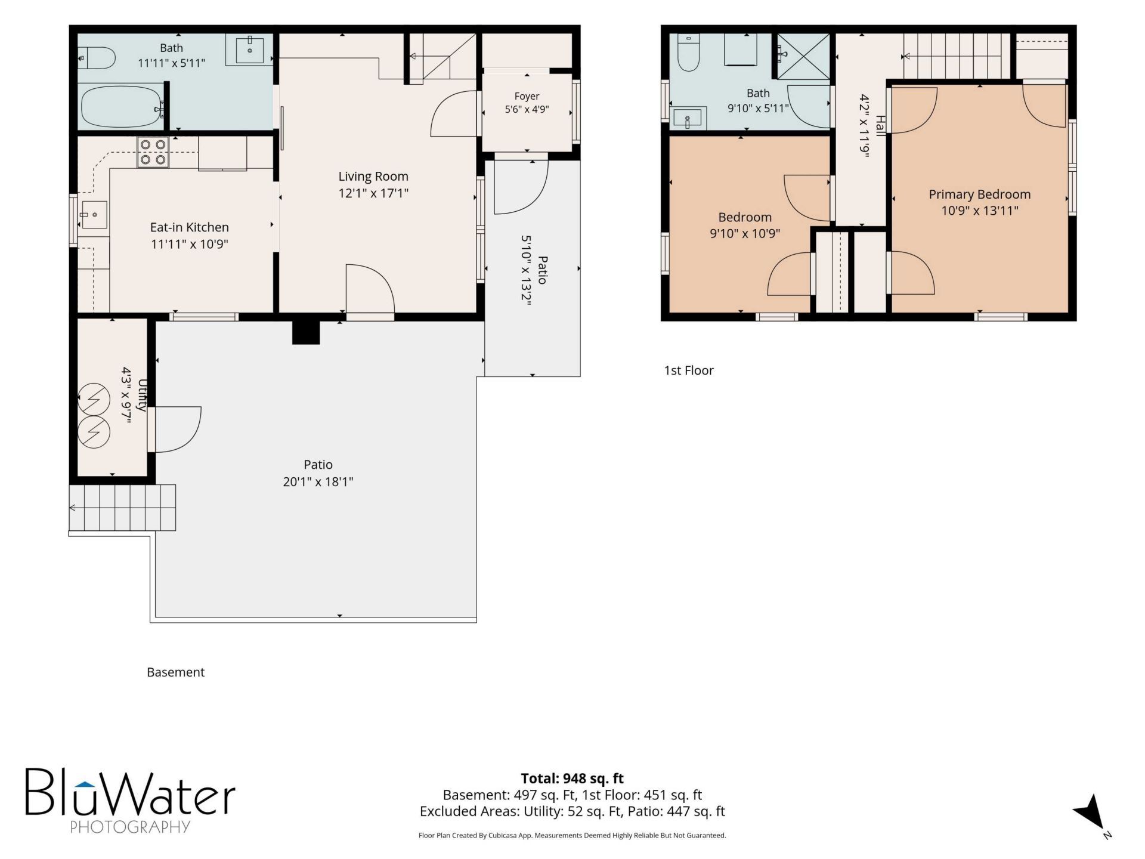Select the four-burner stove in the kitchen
(153, 152)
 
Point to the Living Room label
(373, 177)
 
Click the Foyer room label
(527, 96)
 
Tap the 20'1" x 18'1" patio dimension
(318, 481)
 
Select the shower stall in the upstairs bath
(803, 56)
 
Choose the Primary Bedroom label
(979, 194)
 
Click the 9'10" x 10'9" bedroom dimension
(745, 233)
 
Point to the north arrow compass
(1091, 812)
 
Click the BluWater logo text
(130, 793)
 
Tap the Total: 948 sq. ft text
(572, 778)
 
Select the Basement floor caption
(175, 672)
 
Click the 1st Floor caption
(689, 370)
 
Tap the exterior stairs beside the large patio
(122, 508)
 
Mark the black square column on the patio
(306, 333)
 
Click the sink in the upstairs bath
(689, 118)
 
